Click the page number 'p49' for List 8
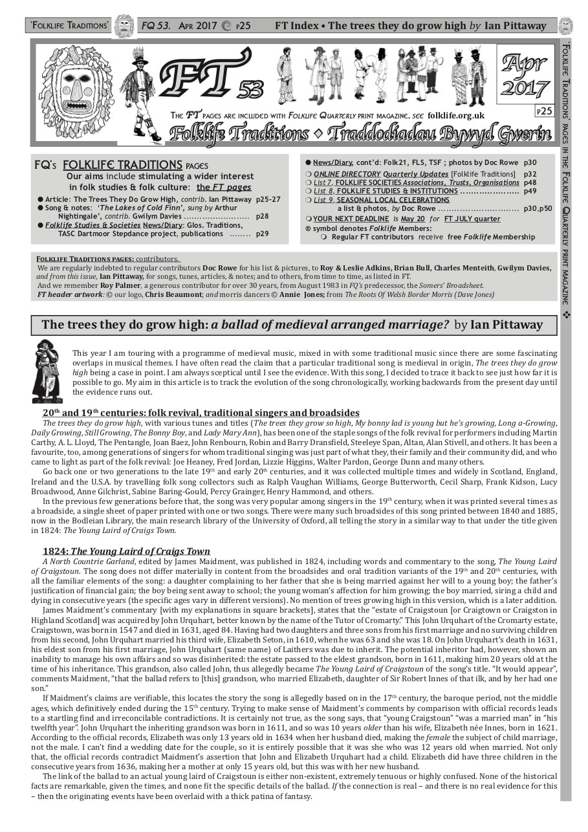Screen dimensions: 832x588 coord(530,191)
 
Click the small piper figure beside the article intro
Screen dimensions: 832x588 coord(47,371)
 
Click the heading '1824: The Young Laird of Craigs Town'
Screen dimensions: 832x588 coord(126,551)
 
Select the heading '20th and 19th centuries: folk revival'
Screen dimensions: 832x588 coord(201,413)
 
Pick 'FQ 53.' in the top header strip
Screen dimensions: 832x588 coord(155,26)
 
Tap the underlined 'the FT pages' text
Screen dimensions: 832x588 coord(224,187)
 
